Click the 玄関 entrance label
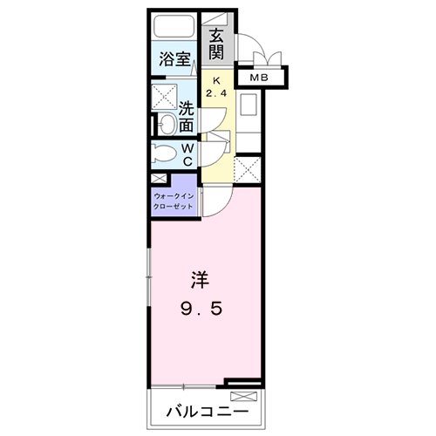click(216, 45)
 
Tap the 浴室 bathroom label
click(175, 59)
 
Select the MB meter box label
click(259, 78)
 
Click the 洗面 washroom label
click(187, 118)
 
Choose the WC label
click(187, 155)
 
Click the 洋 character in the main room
click(200, 282)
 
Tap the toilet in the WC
click(164, 155)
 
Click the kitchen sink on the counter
click(247, 108)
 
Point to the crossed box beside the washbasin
click(163, 97)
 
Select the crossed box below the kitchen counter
click(247, 168)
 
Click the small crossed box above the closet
click(157, 179)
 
